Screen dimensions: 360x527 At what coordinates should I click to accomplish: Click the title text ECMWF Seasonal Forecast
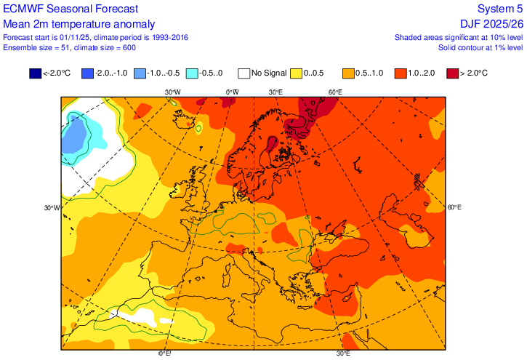tap(71, 9)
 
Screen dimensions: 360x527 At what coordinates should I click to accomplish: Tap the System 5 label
tap(500, 9)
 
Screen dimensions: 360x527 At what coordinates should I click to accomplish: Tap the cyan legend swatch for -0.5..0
tap(192, 73)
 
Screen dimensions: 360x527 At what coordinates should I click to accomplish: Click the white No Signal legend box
tap(244, 73)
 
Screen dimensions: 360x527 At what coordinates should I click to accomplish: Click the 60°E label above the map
tap(335, 92)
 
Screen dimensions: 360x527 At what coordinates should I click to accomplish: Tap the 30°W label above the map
tap(172, 92)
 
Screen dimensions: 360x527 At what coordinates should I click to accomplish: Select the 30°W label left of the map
tap(52, 208)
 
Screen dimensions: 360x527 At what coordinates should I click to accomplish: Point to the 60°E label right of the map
tap(454, 208)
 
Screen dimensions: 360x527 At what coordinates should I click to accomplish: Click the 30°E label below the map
tap(343, 354)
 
